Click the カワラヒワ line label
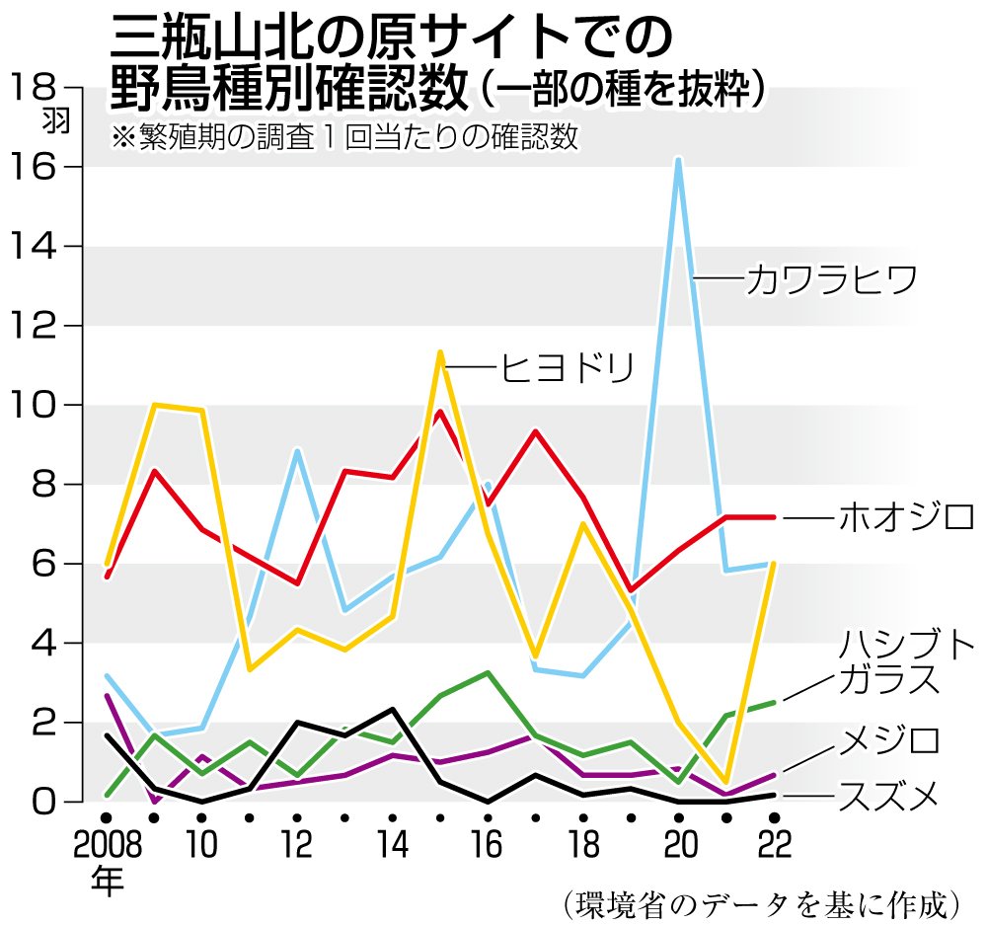[x=832, y=280]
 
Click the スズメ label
[x=887, y=795]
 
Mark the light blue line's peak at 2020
[x=678, y=159]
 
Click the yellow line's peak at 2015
[x=440, y=352]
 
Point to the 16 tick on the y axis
[x=39, y=168]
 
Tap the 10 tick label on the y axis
[x=39, y=406]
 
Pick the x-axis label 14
[x=392, y=847]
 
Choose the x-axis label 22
[x=773, y=847]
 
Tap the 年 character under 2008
[x=105, y=881]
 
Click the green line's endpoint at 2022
[x=773, y=702]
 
